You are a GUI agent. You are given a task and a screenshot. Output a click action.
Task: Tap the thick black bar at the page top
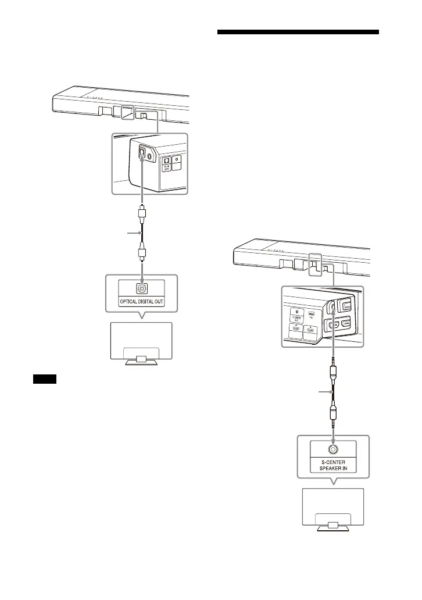(x=298, y=32)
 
